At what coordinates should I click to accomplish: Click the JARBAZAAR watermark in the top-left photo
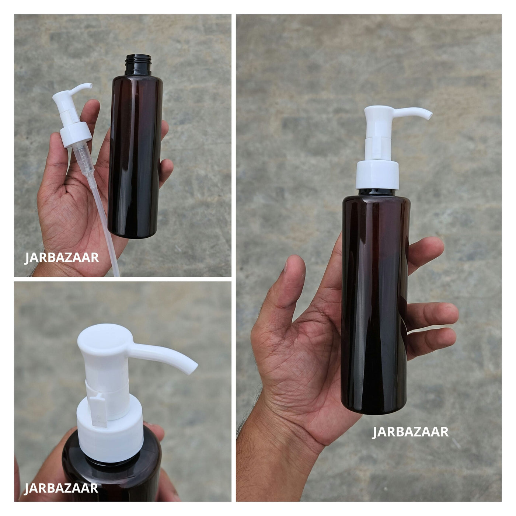[62, 258]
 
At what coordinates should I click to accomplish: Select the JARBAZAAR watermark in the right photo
[410, 432]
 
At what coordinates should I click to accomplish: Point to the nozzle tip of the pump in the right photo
[429, 115]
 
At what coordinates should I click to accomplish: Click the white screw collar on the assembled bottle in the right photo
[377, 175]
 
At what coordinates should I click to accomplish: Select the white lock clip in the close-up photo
[98, 411]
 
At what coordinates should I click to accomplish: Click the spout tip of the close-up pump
[193, 368]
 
